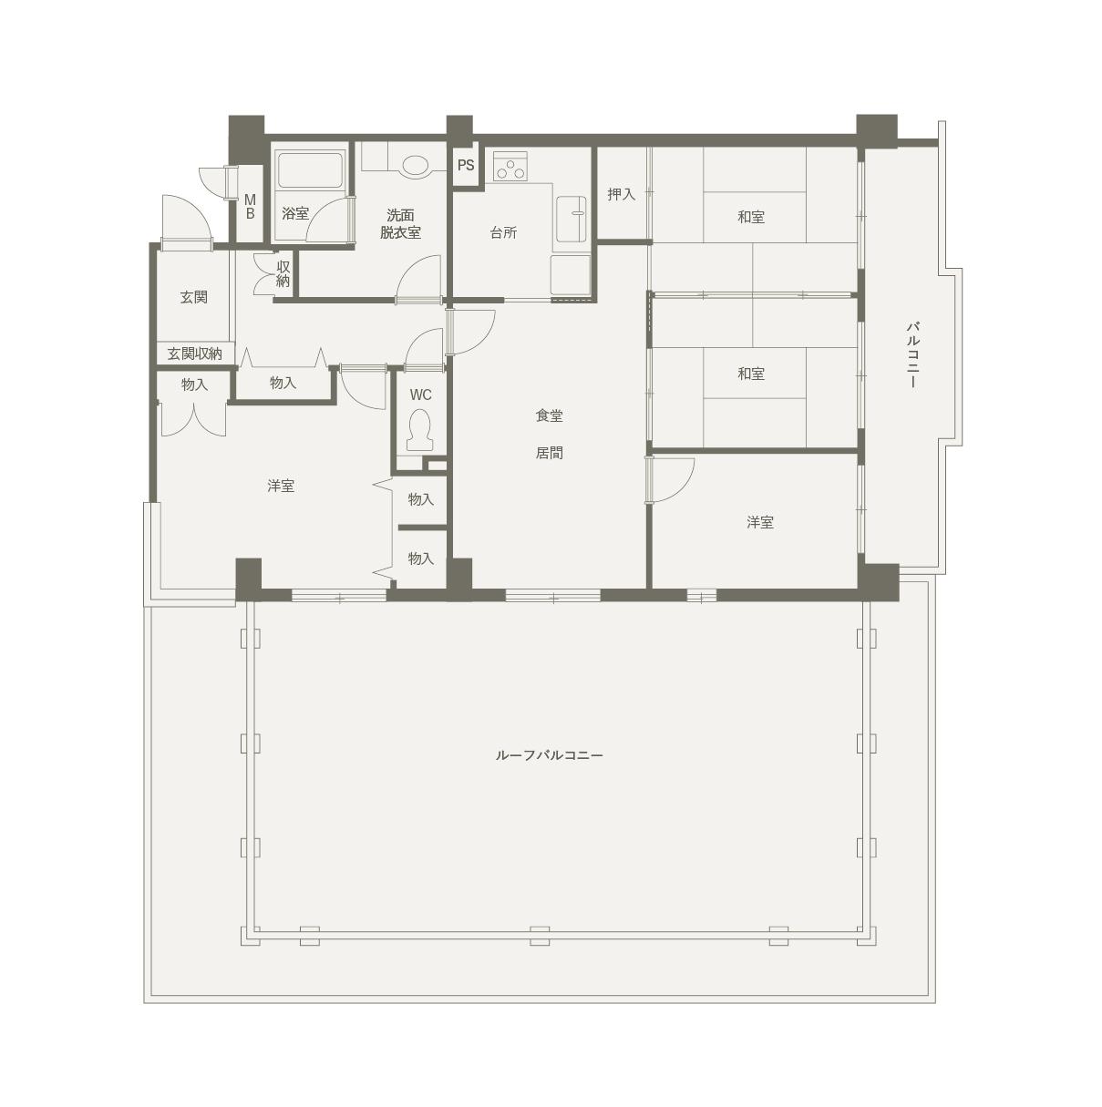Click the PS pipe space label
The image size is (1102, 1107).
pyautogui.click(x=466, y=166)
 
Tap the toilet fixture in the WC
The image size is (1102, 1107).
pyautogui.click(x=419, y=430)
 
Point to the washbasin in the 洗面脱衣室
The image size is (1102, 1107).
pyautogui.click(x=416, y=166)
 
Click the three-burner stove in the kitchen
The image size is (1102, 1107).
pyautogui.click(x=510, y=166)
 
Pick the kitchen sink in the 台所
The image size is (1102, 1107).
pyautogui.click(x=572, y=219)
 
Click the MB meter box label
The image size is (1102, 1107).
pyautogui.click(x=250, y=207)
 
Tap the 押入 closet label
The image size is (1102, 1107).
pyautogui.click(x=622, y=195)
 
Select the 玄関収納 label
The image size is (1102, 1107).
pyautogui.click(x=195, y=354)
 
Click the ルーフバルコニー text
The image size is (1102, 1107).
pyautogui.click(x=549, y=754)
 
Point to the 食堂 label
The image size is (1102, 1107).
pyautogui.click(x=549, y=415)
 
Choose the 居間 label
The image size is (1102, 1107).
pyautogui.click(x=549, y=453)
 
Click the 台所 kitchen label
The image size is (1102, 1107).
pyautogui.click(x=503, y=232)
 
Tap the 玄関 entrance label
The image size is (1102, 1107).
pyautogui.click(x=194, y=297)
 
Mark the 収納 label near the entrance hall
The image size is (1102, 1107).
pyautogui.click(x=283, y=274)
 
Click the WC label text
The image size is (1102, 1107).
pyautogui.click(x=421, y=395)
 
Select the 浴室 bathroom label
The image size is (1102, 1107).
pyautogui.click(x=295, y=214)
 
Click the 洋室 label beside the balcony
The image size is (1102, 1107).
pyautogui.click(x=760, y=522)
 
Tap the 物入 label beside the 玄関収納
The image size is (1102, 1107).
pyautogui.click(x=194, y=384)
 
